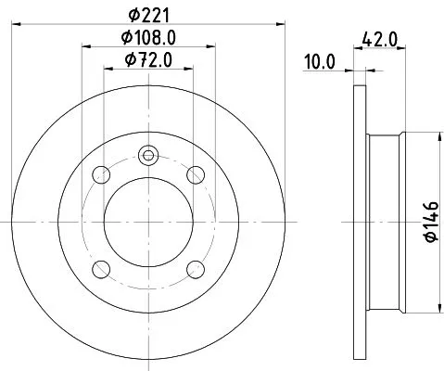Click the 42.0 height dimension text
pyautogui.click(x=379, y=41)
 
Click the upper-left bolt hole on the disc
pyautogui.click(x=101, y=174)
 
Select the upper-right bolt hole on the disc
pyautogui.click(x=195, y=174)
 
